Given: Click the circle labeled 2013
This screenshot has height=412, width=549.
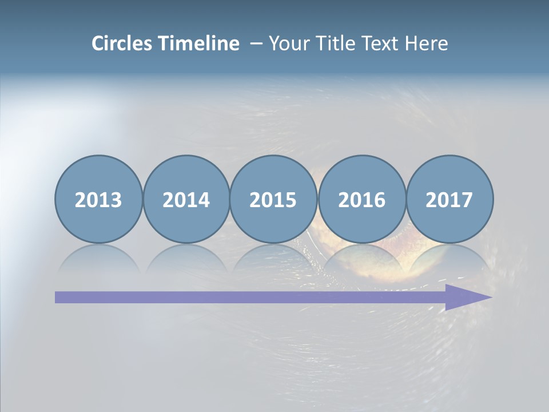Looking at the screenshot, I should pyautogui.click(x=98, y=199).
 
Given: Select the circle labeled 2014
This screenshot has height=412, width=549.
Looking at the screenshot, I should pyautogui.click(x=186, y=199).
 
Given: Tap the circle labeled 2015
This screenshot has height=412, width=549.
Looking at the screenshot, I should pyautogui.click(x=273, y=199).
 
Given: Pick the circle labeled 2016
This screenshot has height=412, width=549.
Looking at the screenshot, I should pyautogui.click(x=362, y=199).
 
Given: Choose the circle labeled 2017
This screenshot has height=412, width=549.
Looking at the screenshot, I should pyautogui.click(x=449, y=199).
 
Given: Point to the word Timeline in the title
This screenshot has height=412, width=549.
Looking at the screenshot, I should pyautogui.click(x=200, y=43).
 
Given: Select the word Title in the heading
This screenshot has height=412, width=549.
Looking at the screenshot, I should pyautogui.click(x=331, y=43).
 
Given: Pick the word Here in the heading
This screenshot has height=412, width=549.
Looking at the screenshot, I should pyautogui.click(x=427, y=43).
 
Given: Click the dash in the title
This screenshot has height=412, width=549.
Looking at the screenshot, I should pyautogui.click(x=256, y=44).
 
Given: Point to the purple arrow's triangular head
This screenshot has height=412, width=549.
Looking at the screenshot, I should pyautogui.click(x=466, y=297).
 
